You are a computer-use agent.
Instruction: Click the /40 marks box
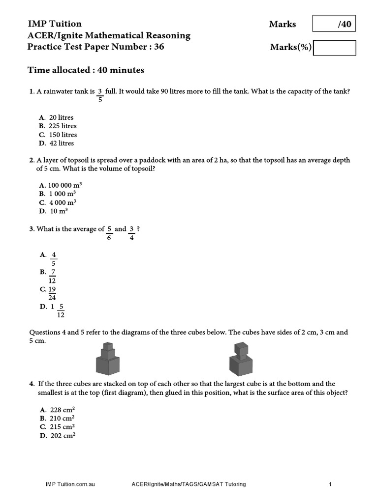(x=334, y=24)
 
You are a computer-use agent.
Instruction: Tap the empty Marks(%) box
(x=334, y=48)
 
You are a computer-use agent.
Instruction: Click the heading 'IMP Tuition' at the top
(x=55, y=24)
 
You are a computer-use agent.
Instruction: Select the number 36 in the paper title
(x=158, y=47)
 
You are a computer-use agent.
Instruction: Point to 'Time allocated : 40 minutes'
(x=86, y=70)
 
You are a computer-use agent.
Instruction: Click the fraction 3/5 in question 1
(x=100, y=95)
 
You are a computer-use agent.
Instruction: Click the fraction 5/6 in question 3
(x=109, y=233)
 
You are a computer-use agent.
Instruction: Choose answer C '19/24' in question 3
(x=52, y=293)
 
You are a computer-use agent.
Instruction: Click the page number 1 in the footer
(x=330, y=484)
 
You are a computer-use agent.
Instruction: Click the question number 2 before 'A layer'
(x=31, y=160)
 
